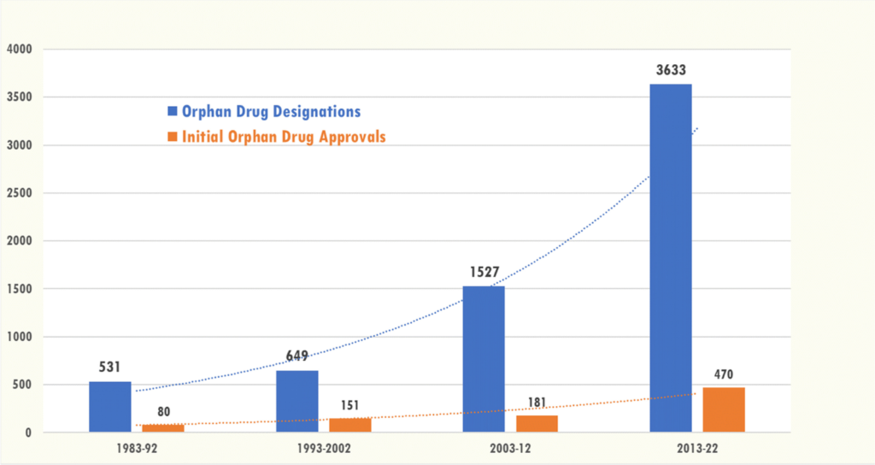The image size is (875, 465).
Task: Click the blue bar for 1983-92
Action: pos(110,407)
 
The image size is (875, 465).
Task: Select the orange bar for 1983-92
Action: pos(163,428)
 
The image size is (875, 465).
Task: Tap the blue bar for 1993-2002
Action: pos(297,402)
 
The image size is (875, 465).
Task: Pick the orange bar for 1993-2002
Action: pos(350,425)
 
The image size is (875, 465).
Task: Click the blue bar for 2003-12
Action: pos(484,359)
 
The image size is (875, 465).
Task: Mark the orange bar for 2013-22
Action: pos(724,409)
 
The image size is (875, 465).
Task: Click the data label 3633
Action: pos(671,70)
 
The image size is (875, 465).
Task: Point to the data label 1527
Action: pos(484,272)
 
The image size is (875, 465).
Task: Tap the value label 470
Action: pos(724,374)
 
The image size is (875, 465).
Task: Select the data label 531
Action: pos(110,368)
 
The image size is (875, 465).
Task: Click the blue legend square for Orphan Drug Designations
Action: pos(172,112)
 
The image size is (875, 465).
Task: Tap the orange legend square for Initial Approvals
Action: pos(172,137)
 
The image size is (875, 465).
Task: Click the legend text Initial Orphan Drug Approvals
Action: pos(283,137)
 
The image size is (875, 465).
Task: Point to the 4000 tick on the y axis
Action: pos(18,50)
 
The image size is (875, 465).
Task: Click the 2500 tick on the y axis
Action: pos(18,193)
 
